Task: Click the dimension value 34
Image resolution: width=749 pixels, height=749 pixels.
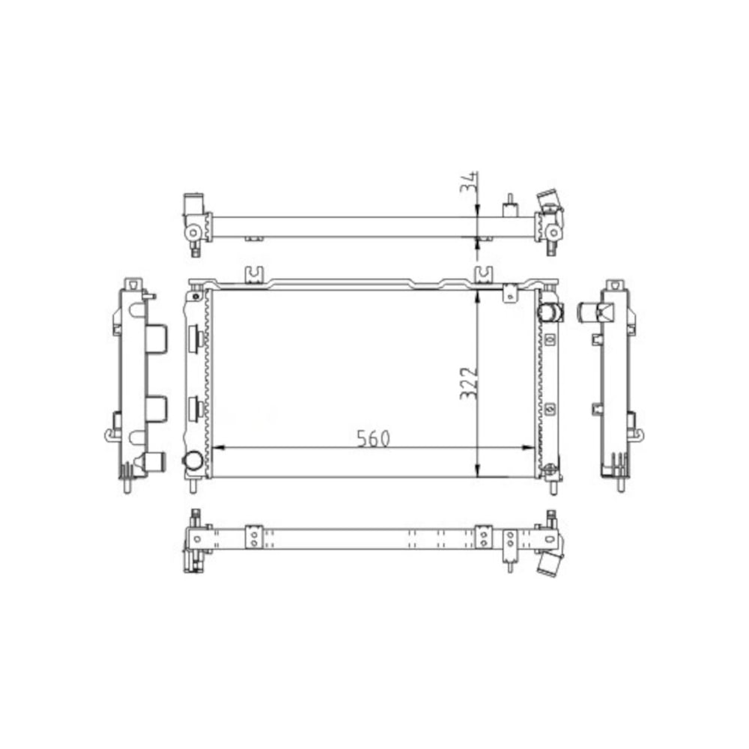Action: (x=467, y=183)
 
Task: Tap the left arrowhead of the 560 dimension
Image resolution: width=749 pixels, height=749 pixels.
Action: (x=219, y=448)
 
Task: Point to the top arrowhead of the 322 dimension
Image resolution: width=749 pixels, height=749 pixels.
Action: (x=478, y=294)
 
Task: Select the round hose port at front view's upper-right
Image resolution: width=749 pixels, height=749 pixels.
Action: (x=550, y=311)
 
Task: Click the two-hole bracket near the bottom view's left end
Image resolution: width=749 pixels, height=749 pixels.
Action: (x=254, y=537)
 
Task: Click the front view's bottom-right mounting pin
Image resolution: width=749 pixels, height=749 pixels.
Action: (x=553, y=486)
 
